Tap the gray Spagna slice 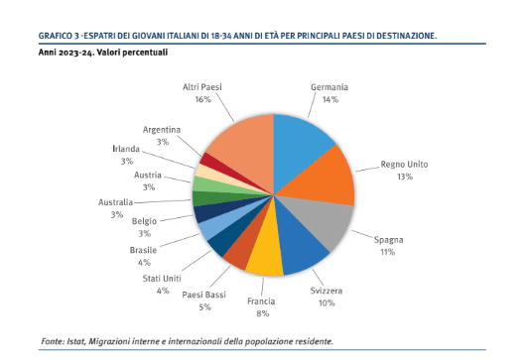[321, 219]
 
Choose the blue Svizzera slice [297, 243]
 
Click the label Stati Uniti [162, 279]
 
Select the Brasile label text [143, 250]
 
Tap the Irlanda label [126, 149]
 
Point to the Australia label [115, 202]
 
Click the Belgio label [144, 221]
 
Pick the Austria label [148, 175]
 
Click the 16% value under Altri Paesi [202, 99]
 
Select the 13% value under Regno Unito [405, 177]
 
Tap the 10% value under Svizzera [327, 303]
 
